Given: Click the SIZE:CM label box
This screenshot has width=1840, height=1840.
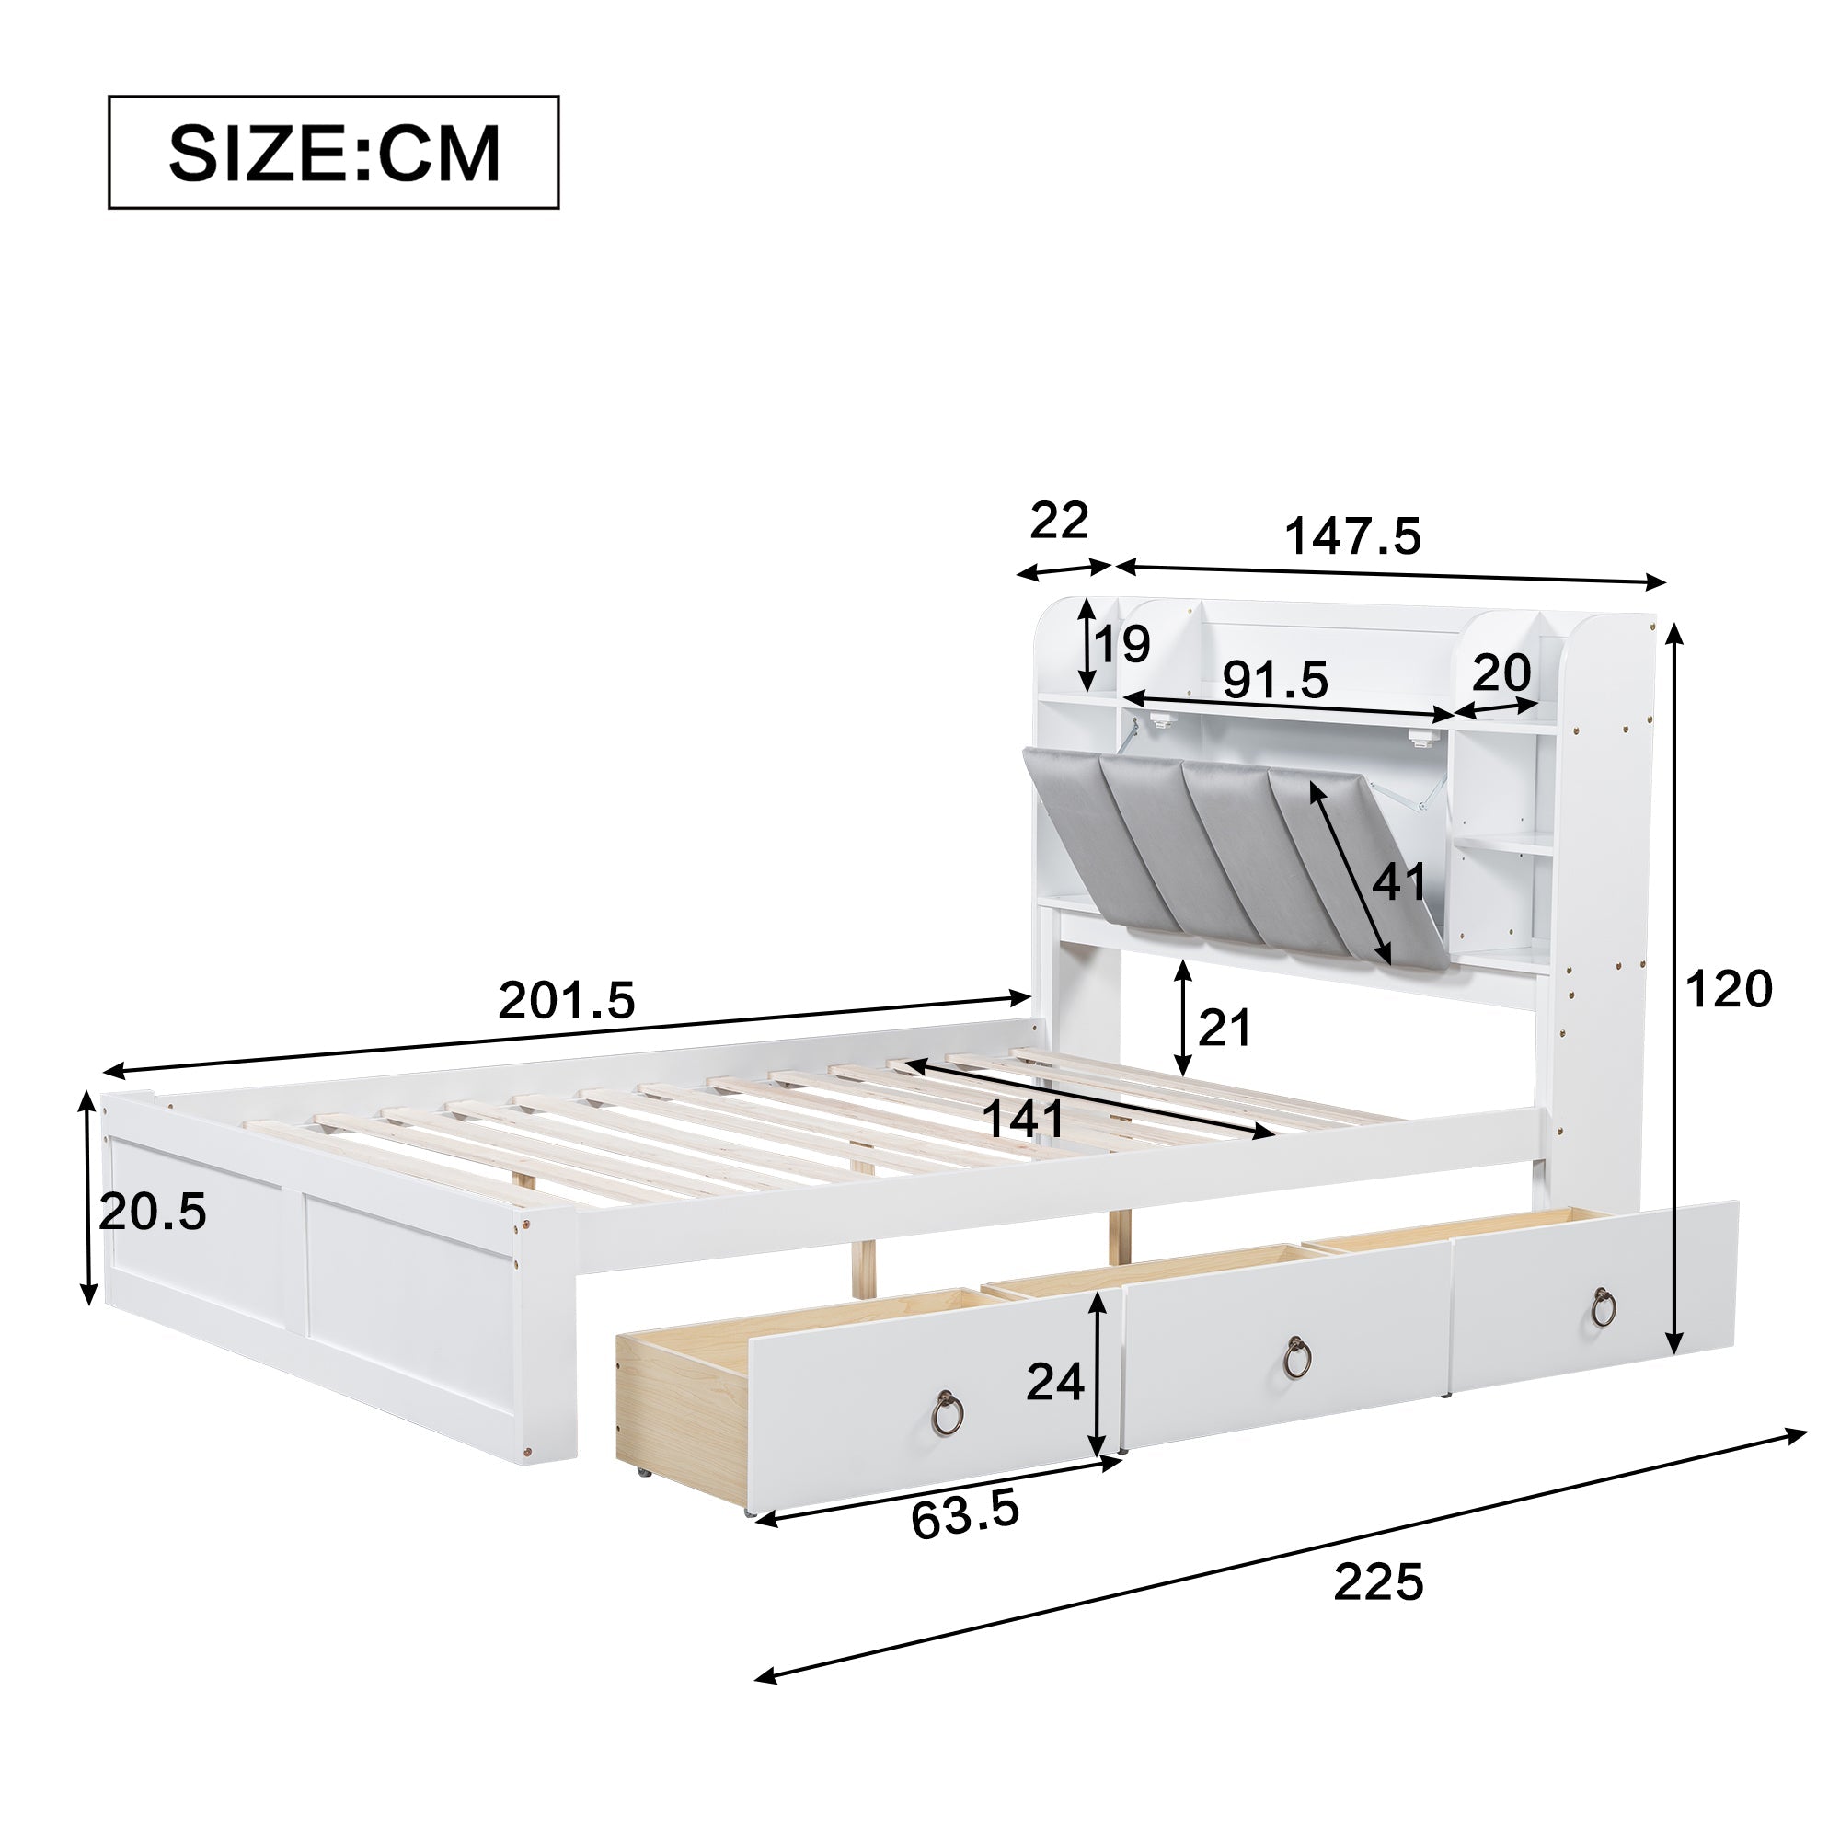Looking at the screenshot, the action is click(333, 153).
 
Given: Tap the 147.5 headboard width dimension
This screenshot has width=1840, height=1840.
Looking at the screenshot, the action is click(1353, 537).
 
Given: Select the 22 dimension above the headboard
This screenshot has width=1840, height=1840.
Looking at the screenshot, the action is click(1059, 521).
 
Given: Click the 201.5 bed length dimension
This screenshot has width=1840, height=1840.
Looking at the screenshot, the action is click(567, 1001).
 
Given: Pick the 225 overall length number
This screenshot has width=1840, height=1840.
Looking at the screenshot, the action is click(1378, 1582).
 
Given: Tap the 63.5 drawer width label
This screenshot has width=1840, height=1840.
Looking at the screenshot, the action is click(965, 1517).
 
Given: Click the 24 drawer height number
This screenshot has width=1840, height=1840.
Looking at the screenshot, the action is click(1055, 1382).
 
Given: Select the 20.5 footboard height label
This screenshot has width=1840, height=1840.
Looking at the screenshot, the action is click(153, 1213).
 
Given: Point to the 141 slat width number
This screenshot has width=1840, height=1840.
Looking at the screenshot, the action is click(1023, 1119).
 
